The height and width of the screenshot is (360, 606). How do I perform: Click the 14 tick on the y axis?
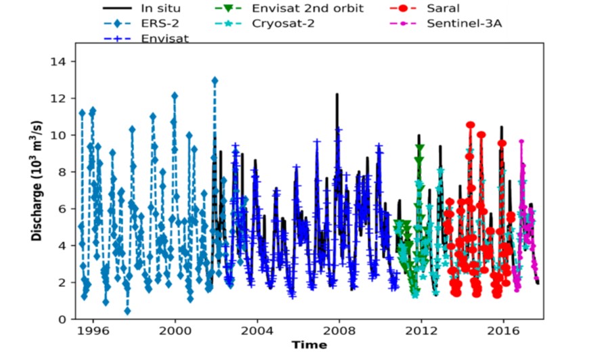(61, 62)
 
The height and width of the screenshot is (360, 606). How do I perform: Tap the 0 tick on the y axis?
(64, 319)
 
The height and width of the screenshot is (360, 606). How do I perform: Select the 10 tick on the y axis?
(61, 135)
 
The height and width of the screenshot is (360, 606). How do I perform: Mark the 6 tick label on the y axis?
(64, 208)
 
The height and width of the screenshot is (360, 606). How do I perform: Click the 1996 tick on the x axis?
(92, 332)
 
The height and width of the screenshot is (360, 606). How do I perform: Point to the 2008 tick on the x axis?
(339, 332)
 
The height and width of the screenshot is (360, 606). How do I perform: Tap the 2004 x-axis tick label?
(257, 332)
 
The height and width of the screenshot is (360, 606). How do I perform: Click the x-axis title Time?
(309, 345)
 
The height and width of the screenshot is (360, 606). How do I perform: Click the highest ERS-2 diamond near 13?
(215, 81)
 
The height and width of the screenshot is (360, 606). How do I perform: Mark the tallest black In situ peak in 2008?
(337, 95)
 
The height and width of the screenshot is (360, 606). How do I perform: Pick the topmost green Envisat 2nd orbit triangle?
(420, 147)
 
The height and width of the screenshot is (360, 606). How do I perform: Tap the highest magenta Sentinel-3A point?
(521, 142)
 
